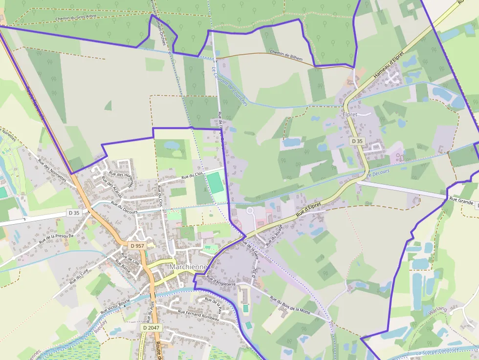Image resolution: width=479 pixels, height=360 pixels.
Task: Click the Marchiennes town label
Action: click(188, 267)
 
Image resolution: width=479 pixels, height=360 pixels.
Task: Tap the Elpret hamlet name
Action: click(350, 114)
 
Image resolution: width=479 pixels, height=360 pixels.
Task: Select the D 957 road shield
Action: click(137, 245)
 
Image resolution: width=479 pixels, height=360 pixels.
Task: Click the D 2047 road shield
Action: click(152, 328)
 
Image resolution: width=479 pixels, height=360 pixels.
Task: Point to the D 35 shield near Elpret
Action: click(357, 141)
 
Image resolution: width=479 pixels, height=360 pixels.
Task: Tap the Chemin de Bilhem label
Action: click(286, 55)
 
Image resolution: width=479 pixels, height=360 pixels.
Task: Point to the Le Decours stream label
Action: click(378, 173)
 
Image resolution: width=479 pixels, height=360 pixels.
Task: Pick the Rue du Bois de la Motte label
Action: click(290, 304)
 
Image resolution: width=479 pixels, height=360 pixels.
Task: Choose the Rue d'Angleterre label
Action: click(221, 280)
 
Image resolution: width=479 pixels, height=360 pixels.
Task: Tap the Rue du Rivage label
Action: click(274, 236)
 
